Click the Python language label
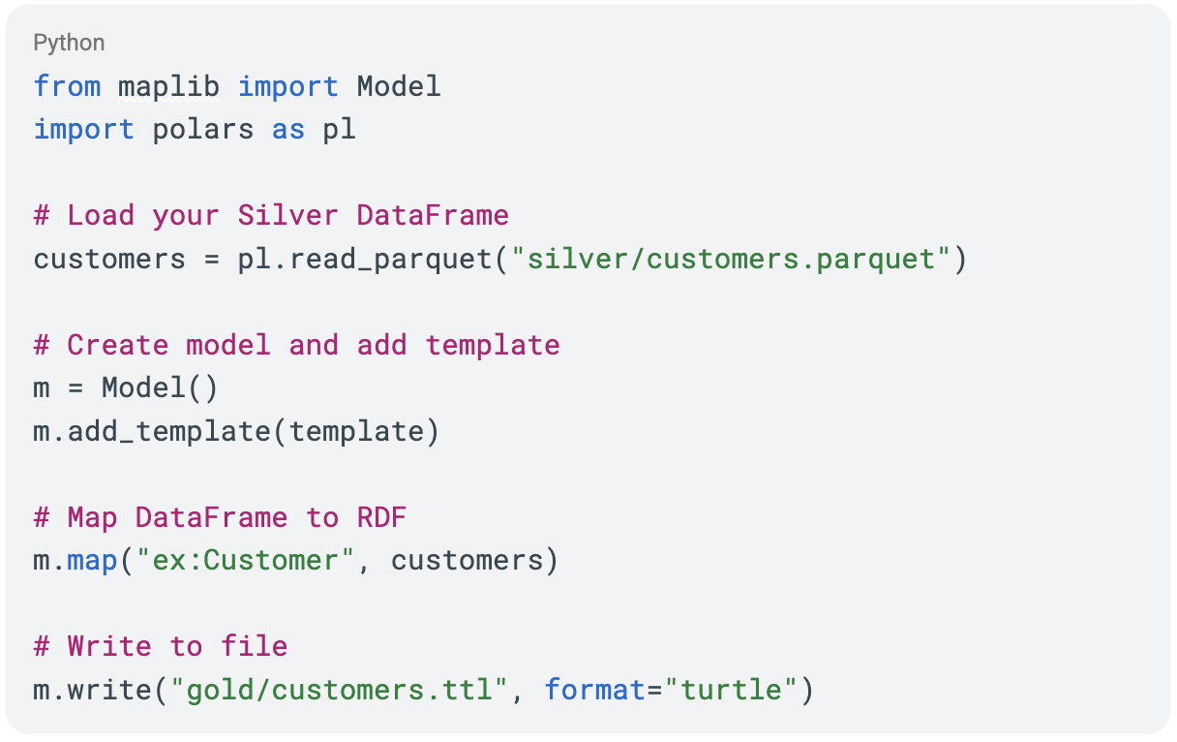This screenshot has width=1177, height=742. pos(69,44)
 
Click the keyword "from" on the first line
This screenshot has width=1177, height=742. pos(67,86)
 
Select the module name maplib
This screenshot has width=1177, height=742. pos(168,87)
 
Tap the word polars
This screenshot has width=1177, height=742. pos(203,130)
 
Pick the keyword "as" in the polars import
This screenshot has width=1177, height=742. pos(287,130)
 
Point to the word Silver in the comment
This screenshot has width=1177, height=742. pos(287,216)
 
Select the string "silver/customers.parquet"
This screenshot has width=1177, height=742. pos(731,260)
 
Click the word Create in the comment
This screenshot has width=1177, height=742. pos(118,346)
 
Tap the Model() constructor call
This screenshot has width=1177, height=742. pos(160,388)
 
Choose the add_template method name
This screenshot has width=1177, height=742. pos(168,432)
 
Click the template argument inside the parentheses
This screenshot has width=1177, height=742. pos(356,432)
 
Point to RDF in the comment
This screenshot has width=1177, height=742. pos(381,517)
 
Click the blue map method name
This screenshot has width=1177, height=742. pos(93,561)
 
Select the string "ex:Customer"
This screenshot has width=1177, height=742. pos(246,561)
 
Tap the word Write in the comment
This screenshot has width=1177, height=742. pos(109,646)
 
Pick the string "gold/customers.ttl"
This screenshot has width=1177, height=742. pos(339,690)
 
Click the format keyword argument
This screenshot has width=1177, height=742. pos(595,690)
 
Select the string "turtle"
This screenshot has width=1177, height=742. pos(731,690)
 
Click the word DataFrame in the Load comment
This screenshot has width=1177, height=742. pos(433,216)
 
